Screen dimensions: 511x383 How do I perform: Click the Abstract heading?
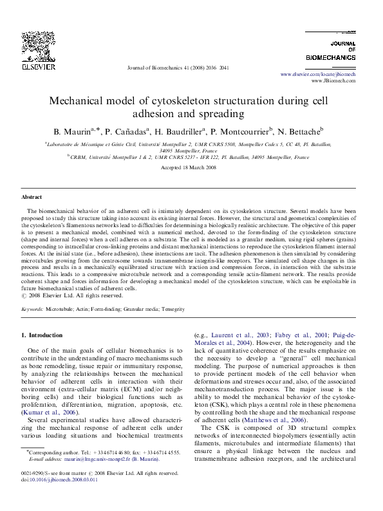pos(32,197)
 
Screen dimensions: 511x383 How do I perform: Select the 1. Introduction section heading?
pos(42,335)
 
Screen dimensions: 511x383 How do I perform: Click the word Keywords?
pos(33,310)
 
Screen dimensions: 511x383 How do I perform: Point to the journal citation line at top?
pos(178,67)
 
